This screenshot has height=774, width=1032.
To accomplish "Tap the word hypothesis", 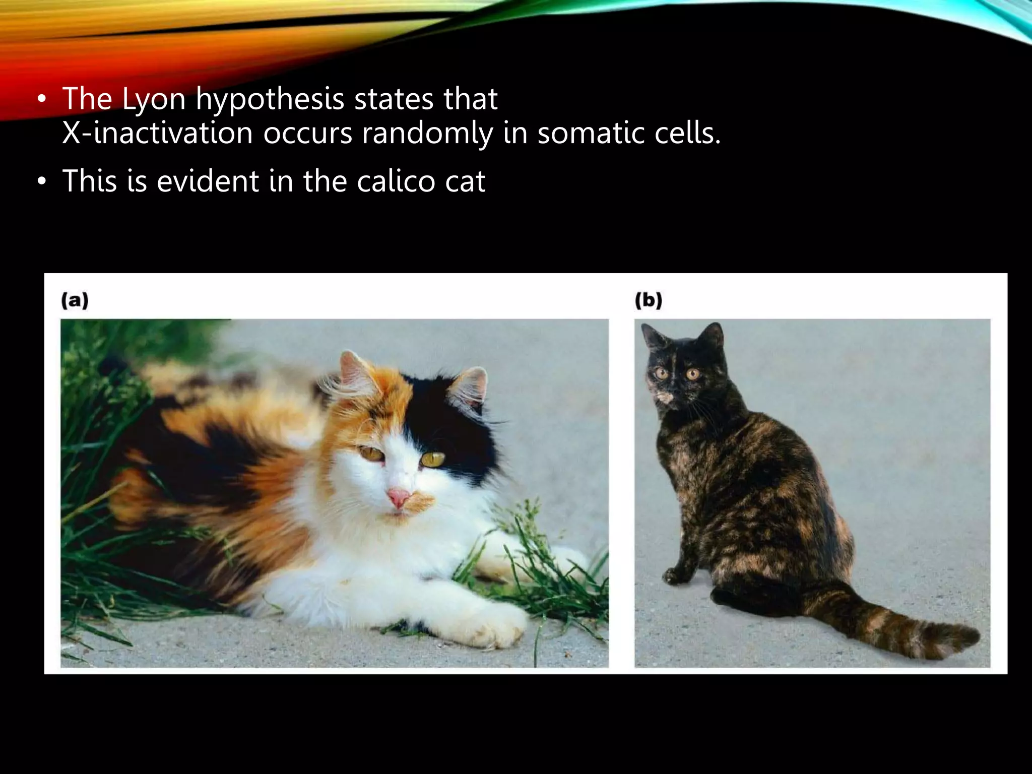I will click(x=270, y=99).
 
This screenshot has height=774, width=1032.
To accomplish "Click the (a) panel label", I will click(x=75, y=301).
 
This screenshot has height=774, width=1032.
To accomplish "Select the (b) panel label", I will click(x=648, y=301).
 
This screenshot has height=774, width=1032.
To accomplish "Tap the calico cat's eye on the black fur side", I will click(x=433, y=459).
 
